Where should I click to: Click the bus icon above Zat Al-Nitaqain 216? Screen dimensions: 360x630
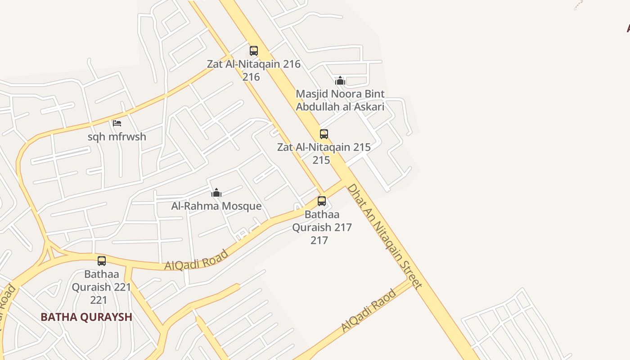(x=254, y=50)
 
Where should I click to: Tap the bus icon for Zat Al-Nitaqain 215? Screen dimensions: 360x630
(x=324, y=134)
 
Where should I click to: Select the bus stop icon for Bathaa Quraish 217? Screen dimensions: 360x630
(x=322, y=201)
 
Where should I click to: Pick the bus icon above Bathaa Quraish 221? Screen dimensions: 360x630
(x=102, y=261)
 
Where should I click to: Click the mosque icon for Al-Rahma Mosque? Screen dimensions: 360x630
(x=216, y=193)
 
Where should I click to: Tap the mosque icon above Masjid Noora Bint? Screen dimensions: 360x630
(x=340, y=81)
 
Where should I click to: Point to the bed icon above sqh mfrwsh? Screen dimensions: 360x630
(x=117, y=123)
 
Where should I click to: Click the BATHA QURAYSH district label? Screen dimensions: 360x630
(x=86, y=317)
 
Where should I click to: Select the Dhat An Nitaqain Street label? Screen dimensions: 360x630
(x=385, y=236)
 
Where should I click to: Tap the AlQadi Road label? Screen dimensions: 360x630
(x=197, y=261)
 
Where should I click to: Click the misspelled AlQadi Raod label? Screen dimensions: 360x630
(x=369, y=311)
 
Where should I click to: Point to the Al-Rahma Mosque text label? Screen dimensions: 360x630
(x=216, y=206)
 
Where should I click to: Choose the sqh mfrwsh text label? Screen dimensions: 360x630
(x=117, y=137)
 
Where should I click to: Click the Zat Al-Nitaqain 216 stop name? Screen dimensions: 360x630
(x=254, y=64)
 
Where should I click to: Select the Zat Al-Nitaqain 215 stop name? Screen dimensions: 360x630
(x=324, y=147)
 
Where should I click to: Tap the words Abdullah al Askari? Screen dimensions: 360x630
(x=340, y=107)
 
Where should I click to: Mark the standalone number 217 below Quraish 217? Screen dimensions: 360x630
(x=319, y=240)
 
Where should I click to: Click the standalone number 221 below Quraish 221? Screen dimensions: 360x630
(x=99, y=300)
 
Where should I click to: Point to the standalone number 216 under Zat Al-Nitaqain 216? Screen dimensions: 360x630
(x=251, y=77)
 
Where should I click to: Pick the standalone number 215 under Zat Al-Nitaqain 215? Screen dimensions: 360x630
(x=321, y=160)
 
